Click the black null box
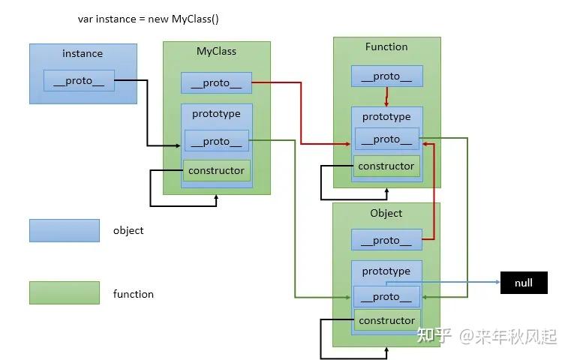(x=524, y=283)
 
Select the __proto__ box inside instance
(x=79, y=80)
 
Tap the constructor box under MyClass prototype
(x=217, y=170)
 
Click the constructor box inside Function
(x=386, y=166)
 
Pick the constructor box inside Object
(x=387, y=320)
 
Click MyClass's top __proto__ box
(x=216, y=83)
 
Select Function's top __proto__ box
(x=386, y=76)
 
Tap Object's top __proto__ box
(x=386, y=240)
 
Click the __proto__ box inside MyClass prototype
(x=217, y=141)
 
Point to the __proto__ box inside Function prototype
(x=386, y=139)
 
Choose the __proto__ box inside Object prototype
(x=386, y=297)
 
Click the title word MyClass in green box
(x=216, y=51)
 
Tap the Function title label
(x=386, y=46)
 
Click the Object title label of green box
(x=386, y=213)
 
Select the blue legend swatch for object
(x=65, y=230)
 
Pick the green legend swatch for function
(x=65, y=292)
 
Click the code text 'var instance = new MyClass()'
(x=149, y=19)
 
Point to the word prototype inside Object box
(x=386, y=271)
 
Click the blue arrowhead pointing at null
(x=497, y=282)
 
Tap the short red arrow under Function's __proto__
(x=386, y=97)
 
